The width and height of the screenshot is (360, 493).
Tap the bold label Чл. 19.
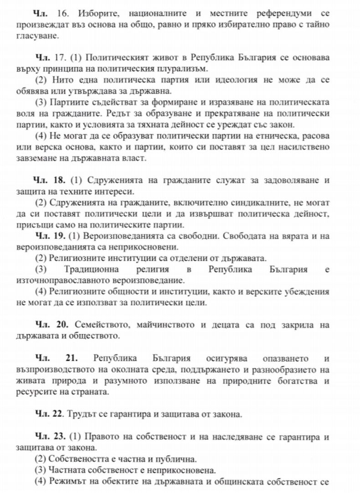[50, 236]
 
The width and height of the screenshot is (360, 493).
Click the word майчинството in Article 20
[165, 325]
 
